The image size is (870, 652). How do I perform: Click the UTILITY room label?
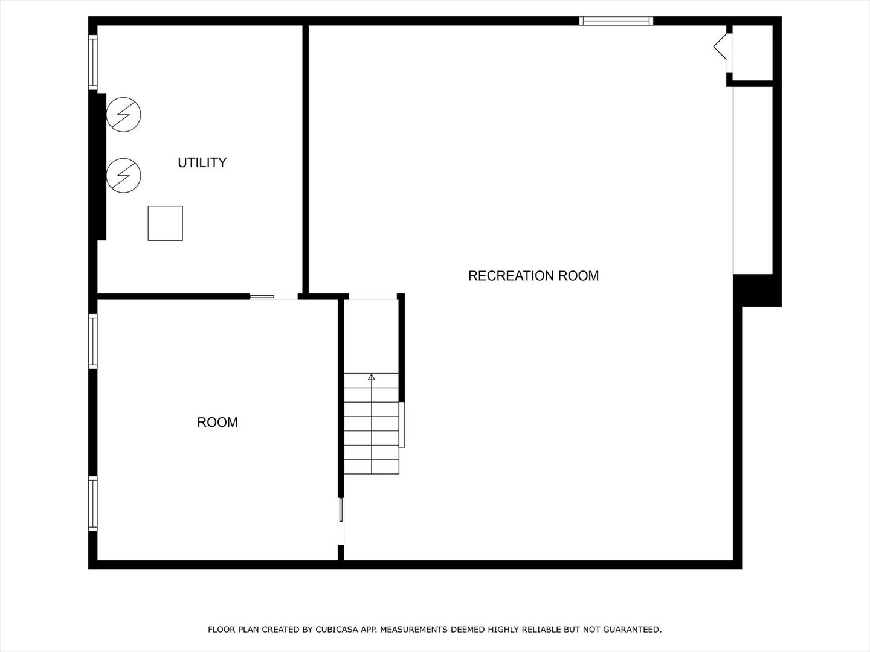coord(202,163)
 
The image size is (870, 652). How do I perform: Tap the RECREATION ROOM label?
coord(533,276)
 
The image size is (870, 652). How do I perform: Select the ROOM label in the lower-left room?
coord(217,423)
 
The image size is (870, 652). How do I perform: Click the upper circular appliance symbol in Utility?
coord(124,115)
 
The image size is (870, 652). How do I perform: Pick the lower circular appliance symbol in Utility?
coord(124,175)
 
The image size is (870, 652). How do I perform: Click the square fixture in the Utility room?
coord(166,223)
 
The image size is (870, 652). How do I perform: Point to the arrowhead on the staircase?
coord(372,377)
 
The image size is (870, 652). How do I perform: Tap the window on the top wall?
coord(616,21)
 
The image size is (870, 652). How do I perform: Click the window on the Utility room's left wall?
coord(92,62)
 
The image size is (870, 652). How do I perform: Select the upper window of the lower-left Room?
coord(92,341)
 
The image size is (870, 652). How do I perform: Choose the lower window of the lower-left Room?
coord(92,503)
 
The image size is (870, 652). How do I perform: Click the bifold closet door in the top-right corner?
coord(720,46)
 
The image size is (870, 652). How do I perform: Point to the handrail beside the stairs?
coord(402,425)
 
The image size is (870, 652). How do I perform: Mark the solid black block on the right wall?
coord(757,290)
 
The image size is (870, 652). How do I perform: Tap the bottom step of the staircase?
coord(372,467)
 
